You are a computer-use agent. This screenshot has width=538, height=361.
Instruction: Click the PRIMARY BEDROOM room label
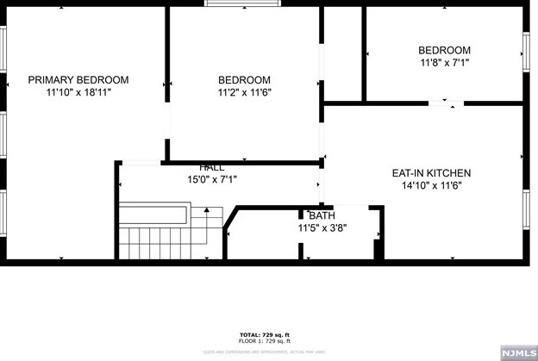[x=78, y=79]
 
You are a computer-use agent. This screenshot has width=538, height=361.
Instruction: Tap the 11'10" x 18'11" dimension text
[x=78, y=91]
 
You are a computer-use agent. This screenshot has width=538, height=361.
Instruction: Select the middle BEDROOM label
[x=244, y=80]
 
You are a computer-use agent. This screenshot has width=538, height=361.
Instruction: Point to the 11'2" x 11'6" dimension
[x=244, y=92]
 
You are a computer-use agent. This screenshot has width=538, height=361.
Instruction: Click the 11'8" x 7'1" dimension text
[x=444, y=62]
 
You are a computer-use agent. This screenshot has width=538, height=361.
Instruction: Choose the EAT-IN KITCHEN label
[x=430, y=172]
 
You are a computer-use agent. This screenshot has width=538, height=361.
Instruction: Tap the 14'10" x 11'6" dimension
[x=430, y=184]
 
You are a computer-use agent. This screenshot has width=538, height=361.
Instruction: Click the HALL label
[x=212, y=167]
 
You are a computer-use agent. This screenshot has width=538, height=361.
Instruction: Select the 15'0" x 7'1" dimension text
[x=212, y=179]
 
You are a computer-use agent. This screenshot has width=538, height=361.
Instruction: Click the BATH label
[x=322, y=215]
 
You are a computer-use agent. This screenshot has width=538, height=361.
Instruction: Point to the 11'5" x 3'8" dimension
[x=322, y=228]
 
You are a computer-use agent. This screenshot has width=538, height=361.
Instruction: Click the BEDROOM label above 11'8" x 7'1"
[x=444, y=50]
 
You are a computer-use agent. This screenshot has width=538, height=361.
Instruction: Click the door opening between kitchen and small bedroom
[x=443, y=104]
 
